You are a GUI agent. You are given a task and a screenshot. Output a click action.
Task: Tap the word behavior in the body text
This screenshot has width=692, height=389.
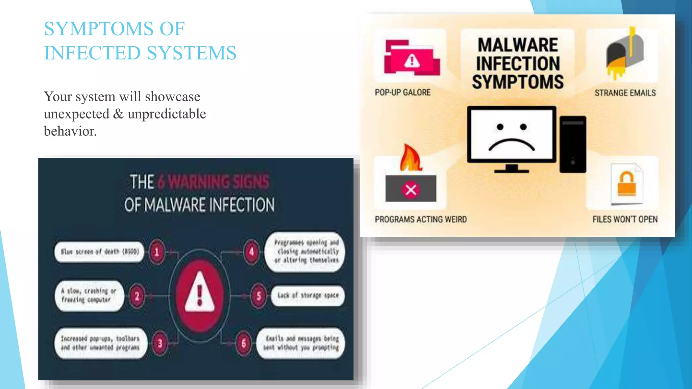[70, 131]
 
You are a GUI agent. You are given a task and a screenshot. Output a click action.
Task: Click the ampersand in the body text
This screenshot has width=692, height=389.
[118, 114]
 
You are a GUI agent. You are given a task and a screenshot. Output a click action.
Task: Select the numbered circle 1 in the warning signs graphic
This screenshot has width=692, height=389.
[157, 252]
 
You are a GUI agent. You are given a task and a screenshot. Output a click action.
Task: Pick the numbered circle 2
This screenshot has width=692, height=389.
[137, 296]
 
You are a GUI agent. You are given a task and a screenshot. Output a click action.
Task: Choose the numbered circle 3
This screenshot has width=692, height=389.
[160, 343]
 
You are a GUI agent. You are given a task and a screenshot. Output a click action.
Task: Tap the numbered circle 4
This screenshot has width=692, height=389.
[251, 252]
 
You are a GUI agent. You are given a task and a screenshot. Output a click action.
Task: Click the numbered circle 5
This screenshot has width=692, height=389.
[258, 296]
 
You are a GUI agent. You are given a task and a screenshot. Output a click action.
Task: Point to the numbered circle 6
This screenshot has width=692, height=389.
[244, 344]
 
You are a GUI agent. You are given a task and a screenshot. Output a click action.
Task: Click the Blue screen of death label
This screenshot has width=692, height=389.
[100, 252]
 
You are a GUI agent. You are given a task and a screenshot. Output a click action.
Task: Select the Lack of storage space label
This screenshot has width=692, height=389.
[308, 295]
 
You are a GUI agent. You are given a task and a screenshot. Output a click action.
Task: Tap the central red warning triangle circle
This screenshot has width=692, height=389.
[199, 295]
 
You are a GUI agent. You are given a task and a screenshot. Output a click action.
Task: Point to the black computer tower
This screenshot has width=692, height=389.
[573, 144]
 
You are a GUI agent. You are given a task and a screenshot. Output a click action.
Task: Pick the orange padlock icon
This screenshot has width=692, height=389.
[627, 184]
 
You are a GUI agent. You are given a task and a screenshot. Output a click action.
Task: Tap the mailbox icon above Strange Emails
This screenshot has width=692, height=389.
[625, 54]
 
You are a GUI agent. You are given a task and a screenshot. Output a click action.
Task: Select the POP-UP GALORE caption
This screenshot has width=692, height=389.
[402, 93]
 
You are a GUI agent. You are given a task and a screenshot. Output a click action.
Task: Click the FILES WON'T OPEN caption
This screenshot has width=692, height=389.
[625, 219]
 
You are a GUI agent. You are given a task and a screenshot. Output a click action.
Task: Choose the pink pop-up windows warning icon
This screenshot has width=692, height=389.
[412, 58]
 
